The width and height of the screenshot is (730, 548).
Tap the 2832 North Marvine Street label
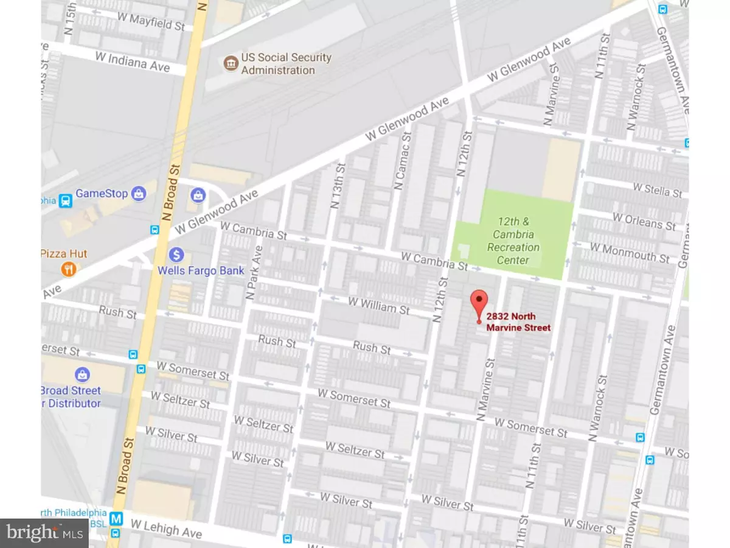pos(518,321)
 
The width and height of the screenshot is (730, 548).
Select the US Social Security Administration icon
pos(230,63)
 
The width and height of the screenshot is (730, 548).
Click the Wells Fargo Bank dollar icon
pos(176,253)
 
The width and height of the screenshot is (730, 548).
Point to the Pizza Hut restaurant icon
pos(68,269)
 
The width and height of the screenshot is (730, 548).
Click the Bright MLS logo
pos(44,533)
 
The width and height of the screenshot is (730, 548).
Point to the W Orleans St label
pos(644,221)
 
